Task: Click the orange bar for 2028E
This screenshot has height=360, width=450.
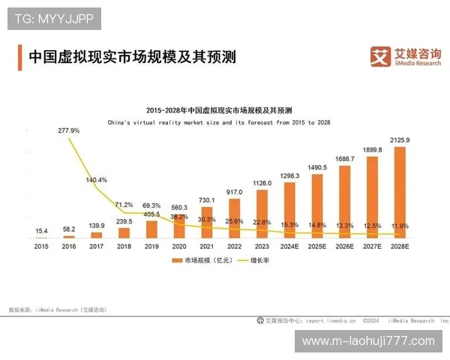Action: pyautogui.click(x=400, y=192)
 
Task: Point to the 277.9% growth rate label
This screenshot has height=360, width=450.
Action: pyautogui.click(x=69, y=130)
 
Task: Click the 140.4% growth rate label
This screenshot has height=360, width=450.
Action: pyautogui.click(x=97, y=180)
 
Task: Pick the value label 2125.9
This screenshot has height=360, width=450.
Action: pyautogui.click(x=400, y=140)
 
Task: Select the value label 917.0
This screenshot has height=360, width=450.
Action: pyautogui.click(x=235, y=192)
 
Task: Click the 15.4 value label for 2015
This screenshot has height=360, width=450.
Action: pyautogui.click(x=41, y=231)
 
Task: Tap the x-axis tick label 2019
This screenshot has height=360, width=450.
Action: pyautogui.click(x=151, y=245)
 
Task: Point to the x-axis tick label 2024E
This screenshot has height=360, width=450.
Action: pyautogui.click(x=289, y=245)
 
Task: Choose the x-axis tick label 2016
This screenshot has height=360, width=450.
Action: pyautogui.click(x=69, y=245)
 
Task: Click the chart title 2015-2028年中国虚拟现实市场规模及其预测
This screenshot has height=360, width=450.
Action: pyautogui.click(x=219, y=109)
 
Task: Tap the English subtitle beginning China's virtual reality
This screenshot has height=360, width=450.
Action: pyautogui.click(x=219, y=121)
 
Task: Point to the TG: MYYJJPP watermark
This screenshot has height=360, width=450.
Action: pyautogui.click(x=53, y=18)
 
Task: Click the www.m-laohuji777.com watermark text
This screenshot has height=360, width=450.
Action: pyautogui.click(x=367, y=341)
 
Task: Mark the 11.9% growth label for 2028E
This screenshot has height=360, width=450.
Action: pyautogui.click(x=400, y=225)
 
